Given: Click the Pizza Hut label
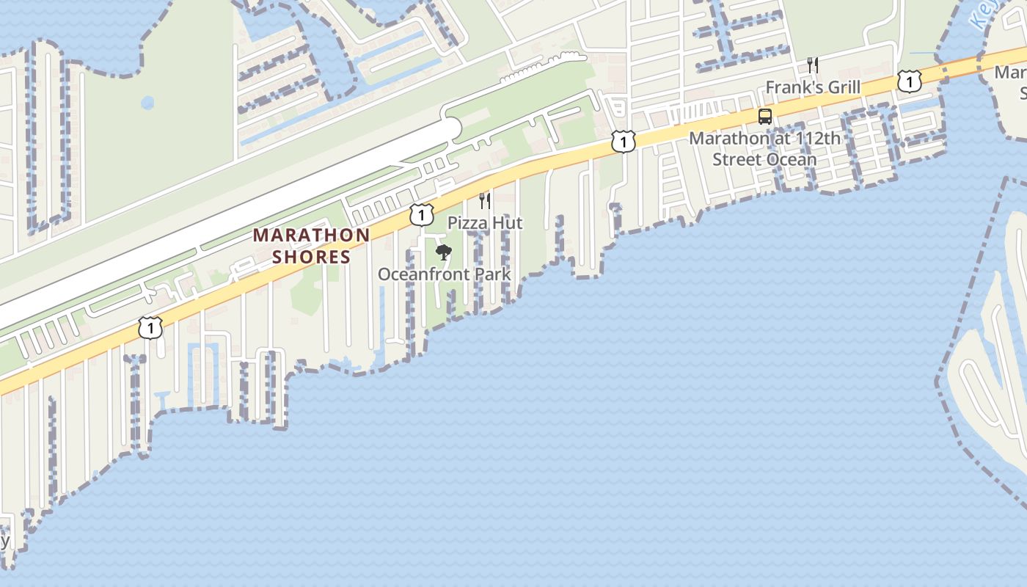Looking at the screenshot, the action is [x=485, y=222].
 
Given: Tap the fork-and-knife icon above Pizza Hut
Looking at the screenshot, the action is [x=484, y=200].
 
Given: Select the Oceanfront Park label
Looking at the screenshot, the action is [x=444, y=274].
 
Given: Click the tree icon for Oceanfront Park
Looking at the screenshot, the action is [x=443, y=253].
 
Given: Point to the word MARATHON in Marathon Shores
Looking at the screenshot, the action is [x=311, y=236].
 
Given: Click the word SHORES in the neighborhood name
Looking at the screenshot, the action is [x=312, y=257].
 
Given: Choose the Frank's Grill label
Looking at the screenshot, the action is [x=813, y=87].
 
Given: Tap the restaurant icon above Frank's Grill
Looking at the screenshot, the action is [x=812, y=65].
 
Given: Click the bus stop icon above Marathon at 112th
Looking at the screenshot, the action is [x=765, y=117].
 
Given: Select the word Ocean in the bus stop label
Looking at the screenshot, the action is [x=793, y=159].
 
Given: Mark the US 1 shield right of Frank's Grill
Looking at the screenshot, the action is [x=909, y=81].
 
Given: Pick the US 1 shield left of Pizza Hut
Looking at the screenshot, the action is [x=421, y=214].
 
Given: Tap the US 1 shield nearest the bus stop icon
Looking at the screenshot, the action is [x=623, y=142].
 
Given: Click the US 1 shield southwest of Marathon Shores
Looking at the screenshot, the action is [x=150, y=327].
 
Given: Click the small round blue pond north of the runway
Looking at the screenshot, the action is [x=148, y=103].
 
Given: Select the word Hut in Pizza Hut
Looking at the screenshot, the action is [x=508, y=222].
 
